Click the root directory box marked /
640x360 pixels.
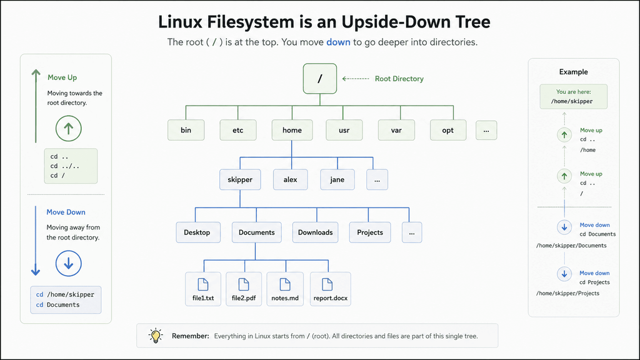coord(320,78)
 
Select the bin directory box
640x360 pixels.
coord(186,130)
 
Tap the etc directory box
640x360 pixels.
coord(238,130)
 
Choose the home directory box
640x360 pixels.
coord(292,130)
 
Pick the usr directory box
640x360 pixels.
coord(344,130)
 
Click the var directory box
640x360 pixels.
coord(396,130)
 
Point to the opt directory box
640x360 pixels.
coord(448,130)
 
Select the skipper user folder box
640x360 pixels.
coord(240,179)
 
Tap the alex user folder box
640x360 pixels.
coord(290,179)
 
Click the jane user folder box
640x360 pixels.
coord(337,179)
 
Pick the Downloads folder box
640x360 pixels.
coord(315,232)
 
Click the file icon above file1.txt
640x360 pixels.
coord(203,284)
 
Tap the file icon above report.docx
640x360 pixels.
coord(327,284)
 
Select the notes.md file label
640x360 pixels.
coord(285,298)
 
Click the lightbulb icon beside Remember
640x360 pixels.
coord(156,336)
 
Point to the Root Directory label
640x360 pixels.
coord(399,79)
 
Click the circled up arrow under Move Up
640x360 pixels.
coord(69,129)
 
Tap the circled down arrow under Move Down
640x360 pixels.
coord(69,263)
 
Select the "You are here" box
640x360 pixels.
coord(574,97)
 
